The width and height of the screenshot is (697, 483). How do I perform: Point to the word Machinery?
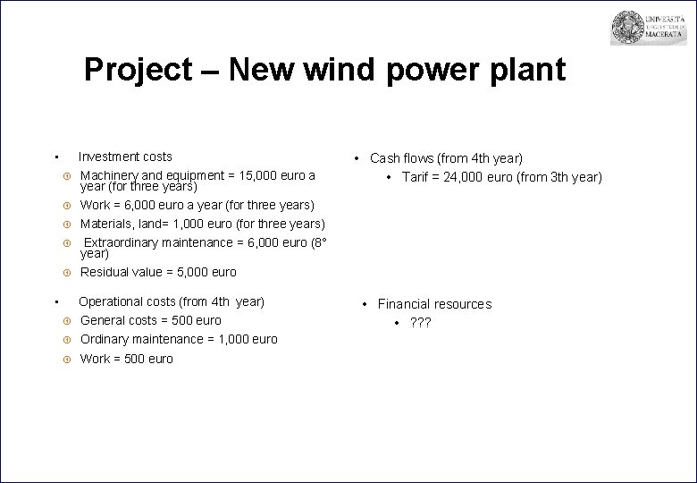(x=110, y=175)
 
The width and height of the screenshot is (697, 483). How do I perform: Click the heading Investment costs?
(x=125, y=157)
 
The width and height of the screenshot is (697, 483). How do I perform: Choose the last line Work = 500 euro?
(x=126, y=359)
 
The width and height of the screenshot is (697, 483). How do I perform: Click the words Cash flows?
(x=401, y=158)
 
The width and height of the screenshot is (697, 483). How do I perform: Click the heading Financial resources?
(x=433, y=304)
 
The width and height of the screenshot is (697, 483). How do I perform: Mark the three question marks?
(x=420, y=322)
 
